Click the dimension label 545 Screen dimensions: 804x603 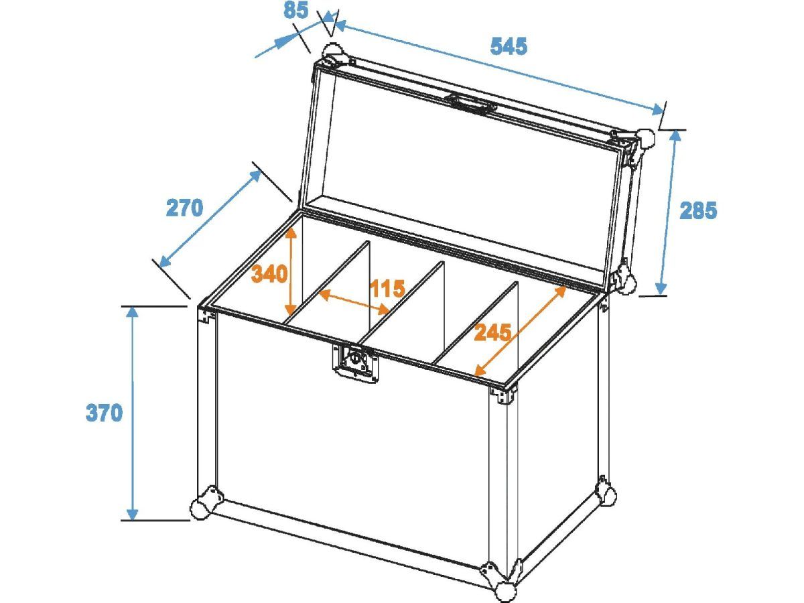coord(509,47)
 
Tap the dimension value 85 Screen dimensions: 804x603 coord(296,10)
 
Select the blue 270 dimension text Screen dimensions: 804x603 coord(184,208)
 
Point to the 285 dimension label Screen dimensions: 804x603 coord(698,210)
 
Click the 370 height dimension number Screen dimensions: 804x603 coord(104,413)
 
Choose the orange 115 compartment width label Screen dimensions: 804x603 coord(387,288)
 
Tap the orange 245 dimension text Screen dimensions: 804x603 coord(492,332)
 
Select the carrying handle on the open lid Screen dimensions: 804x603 coord(472,103)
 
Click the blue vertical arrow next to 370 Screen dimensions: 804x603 coord(133,413)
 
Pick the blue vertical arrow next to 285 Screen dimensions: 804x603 coord(669,212)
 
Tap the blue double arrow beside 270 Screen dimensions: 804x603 coord(210,218)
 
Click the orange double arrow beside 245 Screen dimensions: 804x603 coord(520,330)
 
